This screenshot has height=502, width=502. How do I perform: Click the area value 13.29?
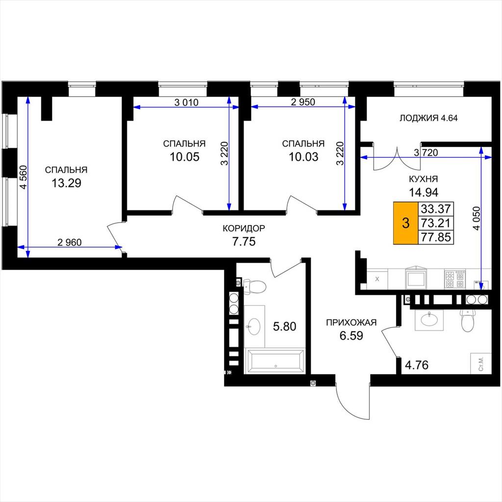coord(66,183)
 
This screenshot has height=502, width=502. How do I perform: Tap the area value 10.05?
coord(184,157)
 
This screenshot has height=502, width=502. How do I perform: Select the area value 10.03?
coord(303,157)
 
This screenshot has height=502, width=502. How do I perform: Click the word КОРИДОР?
coord(244,228)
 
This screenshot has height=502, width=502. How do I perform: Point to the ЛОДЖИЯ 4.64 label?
coord(428,118)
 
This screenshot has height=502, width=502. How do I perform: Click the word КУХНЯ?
coord(424,179)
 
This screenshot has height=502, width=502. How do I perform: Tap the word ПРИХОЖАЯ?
coord(351,323)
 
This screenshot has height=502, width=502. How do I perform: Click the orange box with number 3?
coord(405,223)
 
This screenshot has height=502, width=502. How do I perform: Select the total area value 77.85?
coord(436,237)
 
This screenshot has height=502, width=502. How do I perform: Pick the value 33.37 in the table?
coord(436,209)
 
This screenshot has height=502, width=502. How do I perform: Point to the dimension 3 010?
coord(186,102)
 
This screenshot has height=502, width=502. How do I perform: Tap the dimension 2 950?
coord(303,102)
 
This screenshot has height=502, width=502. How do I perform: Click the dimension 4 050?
coord(477,218)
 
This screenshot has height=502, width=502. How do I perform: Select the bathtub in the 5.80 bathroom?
coord(276,361)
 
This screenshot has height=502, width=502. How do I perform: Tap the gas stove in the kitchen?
coord(454,279)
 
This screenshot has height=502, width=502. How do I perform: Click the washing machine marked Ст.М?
coord(480,363)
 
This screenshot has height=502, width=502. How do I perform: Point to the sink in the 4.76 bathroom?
coord(429,320)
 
